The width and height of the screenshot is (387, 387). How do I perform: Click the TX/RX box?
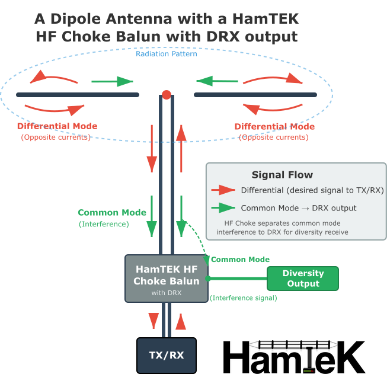[167, 355]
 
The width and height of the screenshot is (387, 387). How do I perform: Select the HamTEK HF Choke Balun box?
[166, 278]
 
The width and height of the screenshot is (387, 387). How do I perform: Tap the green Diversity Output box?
[303, 279]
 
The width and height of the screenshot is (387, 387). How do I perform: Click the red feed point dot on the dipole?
[167, 94]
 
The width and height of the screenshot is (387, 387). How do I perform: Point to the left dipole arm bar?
[77, 95]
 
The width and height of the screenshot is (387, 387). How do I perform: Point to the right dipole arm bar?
[255, 95]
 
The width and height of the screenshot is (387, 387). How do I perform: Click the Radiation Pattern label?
[166, 54]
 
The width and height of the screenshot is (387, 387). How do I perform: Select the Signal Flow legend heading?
[282, 175]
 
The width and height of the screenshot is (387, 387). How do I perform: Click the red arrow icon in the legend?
[223, 190]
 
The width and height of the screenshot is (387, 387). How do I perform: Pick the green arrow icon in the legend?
[223, 208]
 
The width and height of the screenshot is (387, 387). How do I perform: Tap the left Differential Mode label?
[57, 126]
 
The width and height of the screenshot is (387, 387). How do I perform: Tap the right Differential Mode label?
[274, 127]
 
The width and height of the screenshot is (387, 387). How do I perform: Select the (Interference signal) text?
[243, 298]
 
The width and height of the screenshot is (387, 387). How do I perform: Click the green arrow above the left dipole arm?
[113, 81]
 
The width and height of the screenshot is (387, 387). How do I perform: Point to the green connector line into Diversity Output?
[237, 278]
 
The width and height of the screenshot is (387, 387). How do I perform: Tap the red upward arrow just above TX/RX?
[180, 321]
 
